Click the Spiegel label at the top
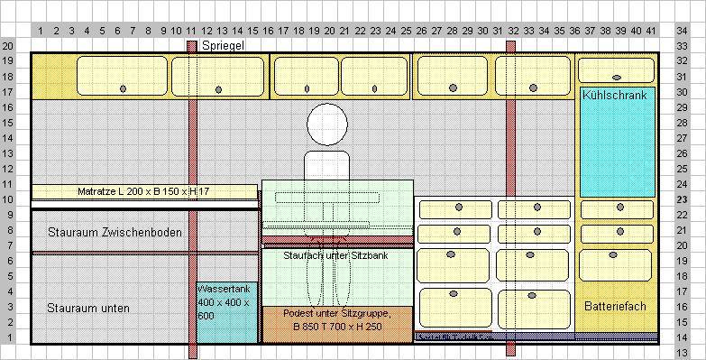[223, 45]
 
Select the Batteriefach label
[615, 307]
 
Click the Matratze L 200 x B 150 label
[144, 191]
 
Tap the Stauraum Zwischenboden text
[115, 233]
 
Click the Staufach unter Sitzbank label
[335, 256]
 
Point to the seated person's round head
[326, 125]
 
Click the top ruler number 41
[651, 31]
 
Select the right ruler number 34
[683, 31]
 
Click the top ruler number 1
[41, 31]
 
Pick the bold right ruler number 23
[683, 200]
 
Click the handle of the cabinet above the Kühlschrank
[616, 77]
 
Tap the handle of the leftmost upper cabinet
[124, 88]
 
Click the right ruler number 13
[683, 353]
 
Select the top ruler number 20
[330, 31]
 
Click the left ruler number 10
[8, 199]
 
